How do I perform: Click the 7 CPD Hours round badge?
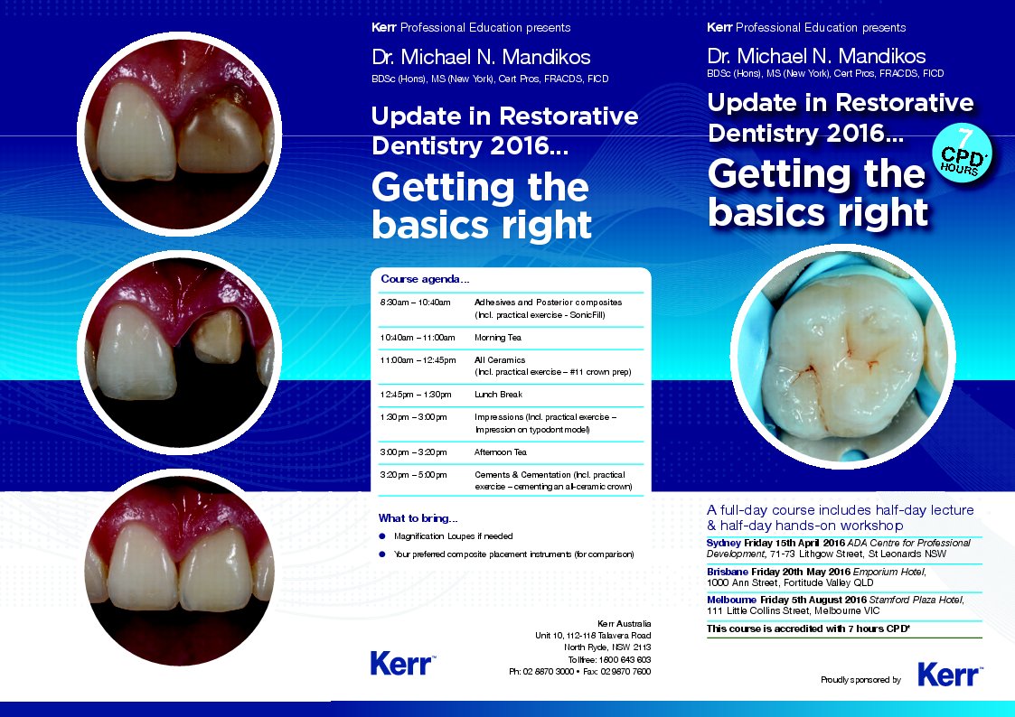962,153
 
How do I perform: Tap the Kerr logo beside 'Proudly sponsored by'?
950,675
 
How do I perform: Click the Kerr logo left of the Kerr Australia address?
402,664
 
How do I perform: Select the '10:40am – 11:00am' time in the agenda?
418,338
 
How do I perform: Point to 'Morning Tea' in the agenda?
498,338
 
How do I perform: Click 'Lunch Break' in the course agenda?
498,395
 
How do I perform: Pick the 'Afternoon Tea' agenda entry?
501,452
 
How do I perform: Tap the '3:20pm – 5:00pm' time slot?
414,475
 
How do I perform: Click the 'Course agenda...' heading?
425,279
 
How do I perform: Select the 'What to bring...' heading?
418,517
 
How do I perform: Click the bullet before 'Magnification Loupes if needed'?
382,536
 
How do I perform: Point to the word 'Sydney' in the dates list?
723,543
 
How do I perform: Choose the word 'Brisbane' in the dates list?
728,573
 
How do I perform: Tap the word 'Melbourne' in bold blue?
731,600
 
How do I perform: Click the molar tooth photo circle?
842,356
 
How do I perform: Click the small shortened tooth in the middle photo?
219,336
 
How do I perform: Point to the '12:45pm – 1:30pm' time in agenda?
416,395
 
